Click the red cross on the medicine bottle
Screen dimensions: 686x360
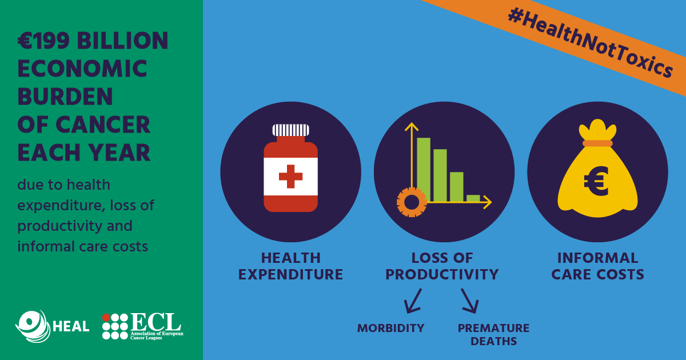[x=290, y=177]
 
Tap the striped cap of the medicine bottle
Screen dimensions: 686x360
[x=290, y=130]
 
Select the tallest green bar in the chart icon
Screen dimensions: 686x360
[x=424, y=170]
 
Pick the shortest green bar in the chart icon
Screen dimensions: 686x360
[x=473, y=198]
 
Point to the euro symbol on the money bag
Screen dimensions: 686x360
[x=596, y=182]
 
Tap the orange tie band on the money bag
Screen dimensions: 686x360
[x=597, y=143]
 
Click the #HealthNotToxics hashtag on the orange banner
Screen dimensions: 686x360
[x=590, y=42]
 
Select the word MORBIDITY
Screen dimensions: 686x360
[x=391, y=328]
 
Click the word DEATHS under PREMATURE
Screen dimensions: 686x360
[x=494, y=341]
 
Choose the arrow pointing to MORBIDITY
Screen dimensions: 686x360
[x=413, y=301]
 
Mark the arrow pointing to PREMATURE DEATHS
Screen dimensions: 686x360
[x=470, y=301]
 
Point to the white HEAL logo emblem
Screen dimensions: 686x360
[x=33, y=326]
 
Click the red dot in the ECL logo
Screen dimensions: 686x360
[x=106, y=318]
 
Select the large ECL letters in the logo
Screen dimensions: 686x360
[x=156, y=322]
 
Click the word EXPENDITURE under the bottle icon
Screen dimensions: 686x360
[x=290, y=274]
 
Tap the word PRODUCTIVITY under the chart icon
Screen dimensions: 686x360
[x=442, y=274]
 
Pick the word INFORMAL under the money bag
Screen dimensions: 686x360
[x=598, y=258]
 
